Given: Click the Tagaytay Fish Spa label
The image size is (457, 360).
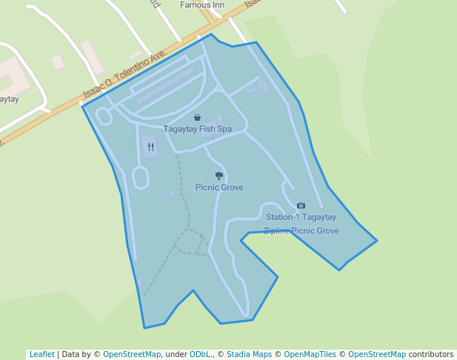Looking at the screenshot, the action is (197, 129).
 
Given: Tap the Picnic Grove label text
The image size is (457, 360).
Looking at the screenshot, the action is (219, 187).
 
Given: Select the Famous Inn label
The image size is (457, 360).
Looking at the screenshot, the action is (201, 4).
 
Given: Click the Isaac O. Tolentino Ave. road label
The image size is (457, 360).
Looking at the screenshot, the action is (125, 75).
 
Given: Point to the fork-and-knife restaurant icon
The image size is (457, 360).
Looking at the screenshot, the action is (150, 147).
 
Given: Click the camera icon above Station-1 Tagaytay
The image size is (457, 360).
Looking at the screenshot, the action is (301, 205).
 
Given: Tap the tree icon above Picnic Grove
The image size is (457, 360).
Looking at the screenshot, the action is (219, 176).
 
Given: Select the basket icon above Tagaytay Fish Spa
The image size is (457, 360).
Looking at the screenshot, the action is (198, 117).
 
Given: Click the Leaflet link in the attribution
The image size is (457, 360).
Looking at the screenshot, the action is (41, 354).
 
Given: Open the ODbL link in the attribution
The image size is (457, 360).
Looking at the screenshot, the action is (199, 354).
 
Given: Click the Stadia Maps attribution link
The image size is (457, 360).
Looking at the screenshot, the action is (249, 354).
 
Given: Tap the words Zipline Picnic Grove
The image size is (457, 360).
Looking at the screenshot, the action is (301, 231).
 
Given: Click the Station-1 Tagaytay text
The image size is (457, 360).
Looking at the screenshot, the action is (301, 217).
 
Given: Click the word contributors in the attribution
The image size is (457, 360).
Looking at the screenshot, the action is (431, 354).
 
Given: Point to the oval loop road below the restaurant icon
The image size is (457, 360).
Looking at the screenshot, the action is (139, 177).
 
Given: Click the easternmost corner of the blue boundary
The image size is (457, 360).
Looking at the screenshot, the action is (377, 240).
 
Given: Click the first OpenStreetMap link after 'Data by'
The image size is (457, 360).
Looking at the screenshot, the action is (132, 354).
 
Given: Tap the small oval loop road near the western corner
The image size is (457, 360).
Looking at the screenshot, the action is (104, 116).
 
